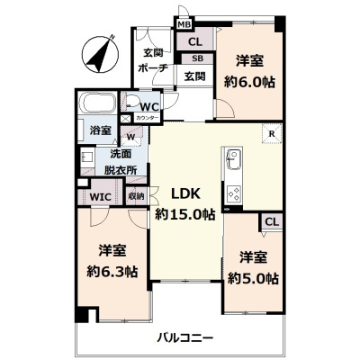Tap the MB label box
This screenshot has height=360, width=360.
(x=183, y=24)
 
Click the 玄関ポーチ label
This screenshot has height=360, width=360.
(x=148, y=60)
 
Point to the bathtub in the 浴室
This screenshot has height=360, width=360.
(x=99, y=103)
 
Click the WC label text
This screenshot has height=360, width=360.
(x=148, y=104)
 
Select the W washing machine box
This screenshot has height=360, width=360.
(x=130, y=137)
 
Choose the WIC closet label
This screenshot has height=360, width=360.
(x=100, y=195)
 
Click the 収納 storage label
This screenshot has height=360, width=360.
(x=135, y=195)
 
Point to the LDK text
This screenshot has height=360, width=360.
(x=184, y=193)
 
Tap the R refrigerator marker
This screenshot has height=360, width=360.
(x=270, y=135)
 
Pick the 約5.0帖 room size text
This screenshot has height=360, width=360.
(x=254, y=276)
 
